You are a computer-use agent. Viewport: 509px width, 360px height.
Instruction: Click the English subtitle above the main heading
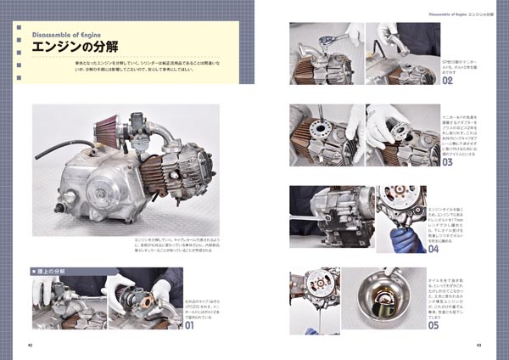(66, 34)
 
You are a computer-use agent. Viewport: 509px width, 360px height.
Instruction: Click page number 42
(30, 345)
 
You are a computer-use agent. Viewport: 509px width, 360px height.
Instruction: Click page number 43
(478, 345)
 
